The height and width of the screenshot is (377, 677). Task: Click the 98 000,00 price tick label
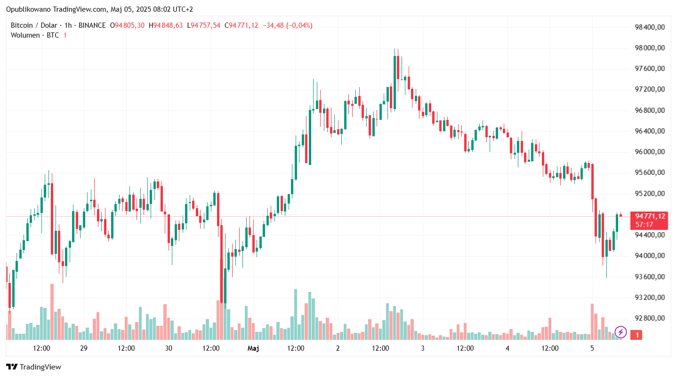[x=650, y=48]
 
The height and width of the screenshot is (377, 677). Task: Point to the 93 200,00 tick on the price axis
[x=650, y=298]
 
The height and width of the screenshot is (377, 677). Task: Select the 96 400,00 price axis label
[x=650, y=131]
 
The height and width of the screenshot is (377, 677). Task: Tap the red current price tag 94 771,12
[x=650, y=216]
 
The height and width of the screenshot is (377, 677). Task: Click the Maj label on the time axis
[x=253, y=348]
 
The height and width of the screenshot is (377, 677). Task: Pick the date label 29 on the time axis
[x=84, y=348]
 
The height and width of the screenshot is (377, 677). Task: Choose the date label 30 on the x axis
[x=169, y=348]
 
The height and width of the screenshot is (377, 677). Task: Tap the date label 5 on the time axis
[x=592, y=348]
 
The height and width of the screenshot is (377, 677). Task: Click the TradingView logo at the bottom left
[x=33, y=367]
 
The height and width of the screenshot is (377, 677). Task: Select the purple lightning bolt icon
[x=621, y=332]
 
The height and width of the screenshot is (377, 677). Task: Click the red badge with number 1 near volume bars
[x=637, y=335]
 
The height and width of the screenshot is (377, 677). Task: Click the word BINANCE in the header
[x=92, y=25]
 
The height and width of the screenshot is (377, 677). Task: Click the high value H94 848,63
[x=166, y=25]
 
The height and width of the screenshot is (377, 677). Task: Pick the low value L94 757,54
[x=203, y=25]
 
